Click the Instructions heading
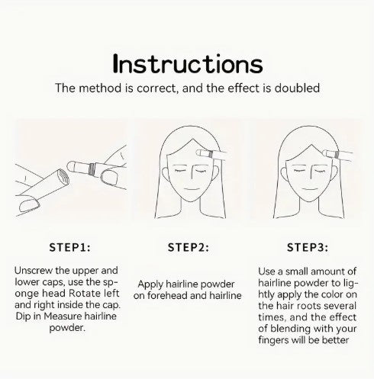pos(188,63)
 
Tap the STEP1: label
pos(69,247)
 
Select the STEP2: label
pos(189,247)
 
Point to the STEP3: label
pos(308,247)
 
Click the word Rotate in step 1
pos(85,294)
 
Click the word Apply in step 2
pos(150,284)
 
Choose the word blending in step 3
pos(290,329)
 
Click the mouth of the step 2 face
pos(189,189)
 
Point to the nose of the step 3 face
pos(311,172)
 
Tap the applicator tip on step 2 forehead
pos(200,153)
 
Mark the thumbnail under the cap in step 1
pos(29,205)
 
